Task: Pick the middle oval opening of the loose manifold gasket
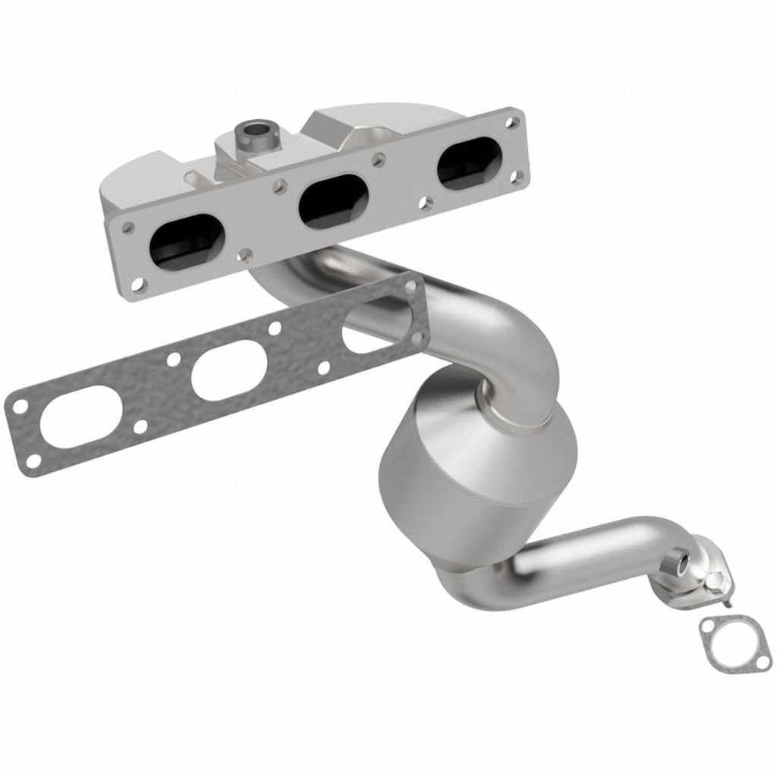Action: click(x=225, y=369)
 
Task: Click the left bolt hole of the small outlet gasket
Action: click(x=709, y=627)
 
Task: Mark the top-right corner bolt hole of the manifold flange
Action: click(x=514, y=121)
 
